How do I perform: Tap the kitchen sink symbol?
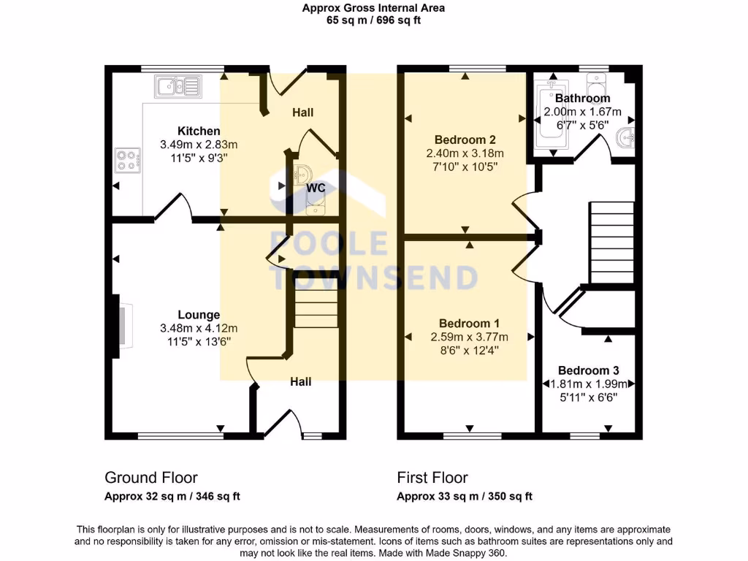[178, 87]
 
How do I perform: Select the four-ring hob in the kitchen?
[127, 160]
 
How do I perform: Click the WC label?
[316, 188]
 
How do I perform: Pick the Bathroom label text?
[582, 99]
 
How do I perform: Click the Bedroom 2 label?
[465, 140]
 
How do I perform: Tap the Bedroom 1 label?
[470, 324]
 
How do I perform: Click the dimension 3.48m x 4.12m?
[199, 328]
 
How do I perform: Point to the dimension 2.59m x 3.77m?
[470, 337]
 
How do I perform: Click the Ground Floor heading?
[151, 478]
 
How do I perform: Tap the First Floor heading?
[432, 478]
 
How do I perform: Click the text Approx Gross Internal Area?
[373, 8]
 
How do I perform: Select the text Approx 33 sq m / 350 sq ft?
[465, 497]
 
